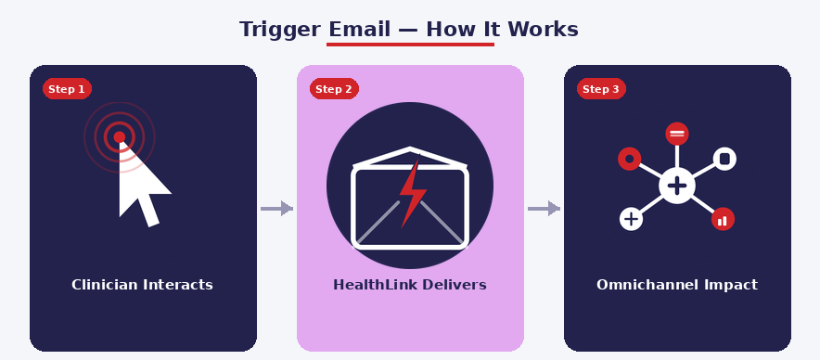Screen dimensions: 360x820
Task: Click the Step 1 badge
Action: (67, 89)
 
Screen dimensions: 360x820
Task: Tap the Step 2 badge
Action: (334, 89)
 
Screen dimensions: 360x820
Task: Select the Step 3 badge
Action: (601, 89)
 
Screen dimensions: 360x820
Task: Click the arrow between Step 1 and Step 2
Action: (276, 209)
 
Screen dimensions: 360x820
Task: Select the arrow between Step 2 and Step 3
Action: (544, 209)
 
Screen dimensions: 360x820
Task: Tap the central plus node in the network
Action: (677, 186)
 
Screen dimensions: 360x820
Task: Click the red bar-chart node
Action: (723, 220)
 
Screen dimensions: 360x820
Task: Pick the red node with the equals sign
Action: (677, 134)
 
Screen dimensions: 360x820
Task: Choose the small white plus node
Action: (631, 219)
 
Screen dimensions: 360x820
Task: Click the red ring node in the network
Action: (630, 159)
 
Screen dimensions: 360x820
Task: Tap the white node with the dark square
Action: (724, 159)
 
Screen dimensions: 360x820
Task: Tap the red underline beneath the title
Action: (410, 44)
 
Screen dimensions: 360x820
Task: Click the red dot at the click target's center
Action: (119, 137)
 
